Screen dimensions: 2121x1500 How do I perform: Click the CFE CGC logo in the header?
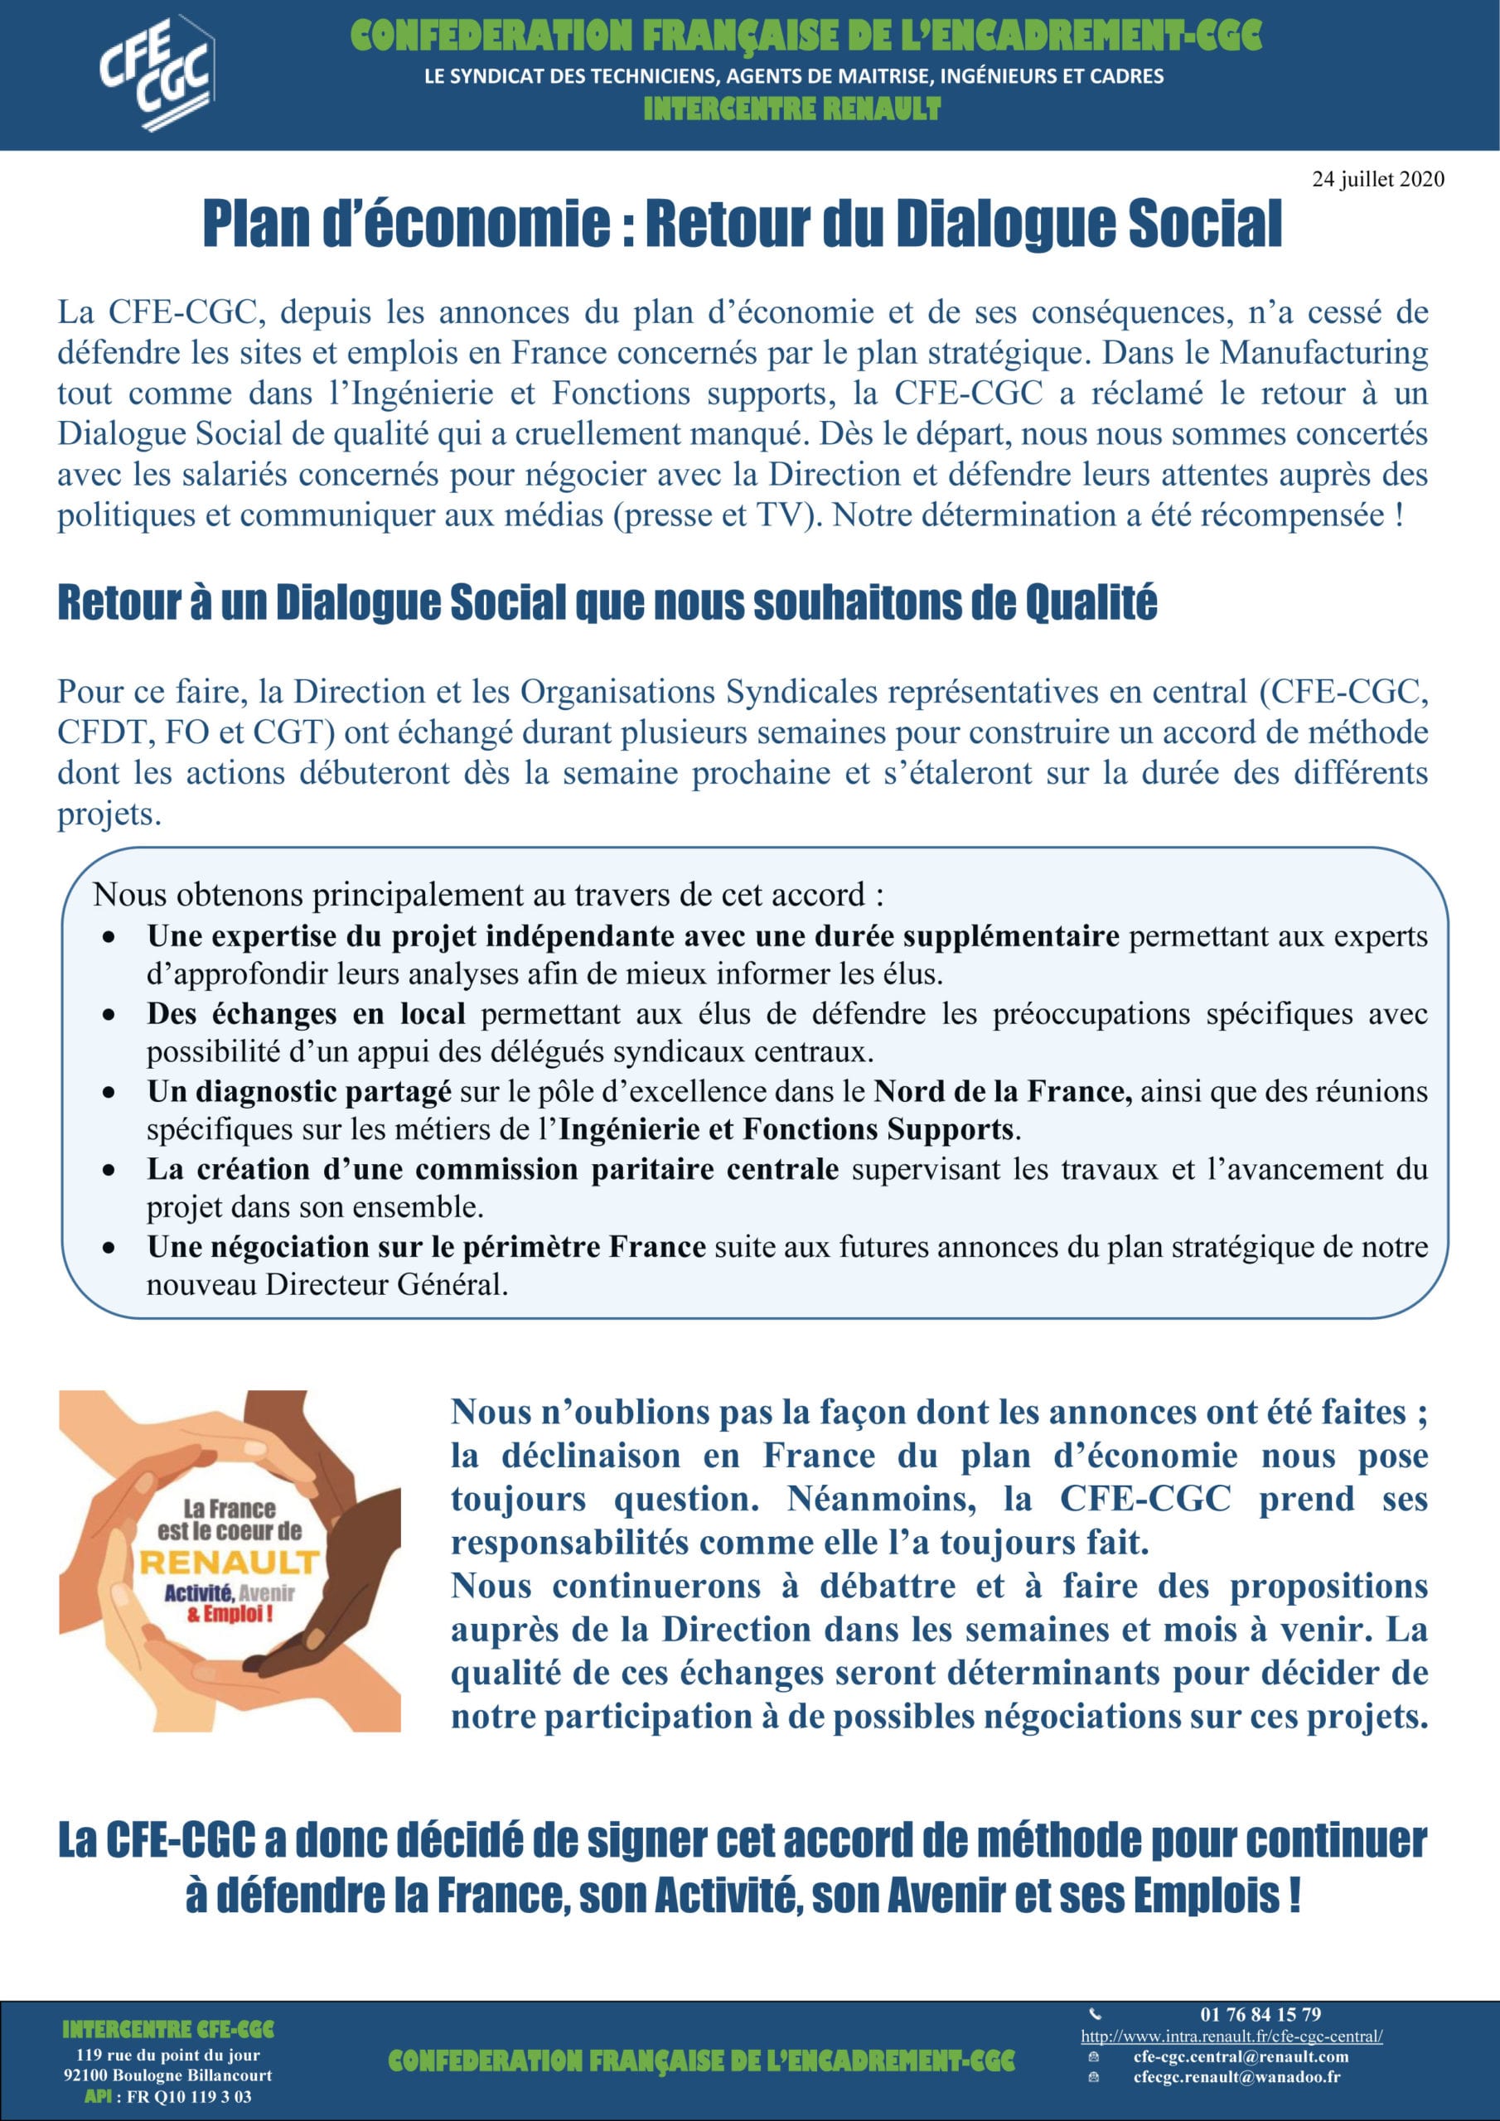click(x=156, y=74)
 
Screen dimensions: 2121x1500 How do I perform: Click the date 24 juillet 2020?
click(x=1377, y=179)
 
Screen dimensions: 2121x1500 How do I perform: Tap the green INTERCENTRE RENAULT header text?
click(x=792, y=110)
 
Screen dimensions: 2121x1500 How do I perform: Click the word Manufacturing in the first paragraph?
click(x=1323, y=353)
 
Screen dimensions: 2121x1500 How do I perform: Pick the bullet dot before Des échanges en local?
click(x=109, y=1015)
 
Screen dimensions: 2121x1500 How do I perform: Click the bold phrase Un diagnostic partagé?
click(x=298, y=1092)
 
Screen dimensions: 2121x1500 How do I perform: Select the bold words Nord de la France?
click(x=1003, y=1092)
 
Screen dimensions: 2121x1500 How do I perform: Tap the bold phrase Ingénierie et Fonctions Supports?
click(x=786, y=1130)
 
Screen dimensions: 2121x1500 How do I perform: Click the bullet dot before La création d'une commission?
click(x=109, y=1171)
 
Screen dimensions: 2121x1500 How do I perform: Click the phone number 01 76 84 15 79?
click(x=1260, y=2015)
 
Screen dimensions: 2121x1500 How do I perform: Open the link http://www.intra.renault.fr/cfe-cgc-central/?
click(x=1231, y=2036)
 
